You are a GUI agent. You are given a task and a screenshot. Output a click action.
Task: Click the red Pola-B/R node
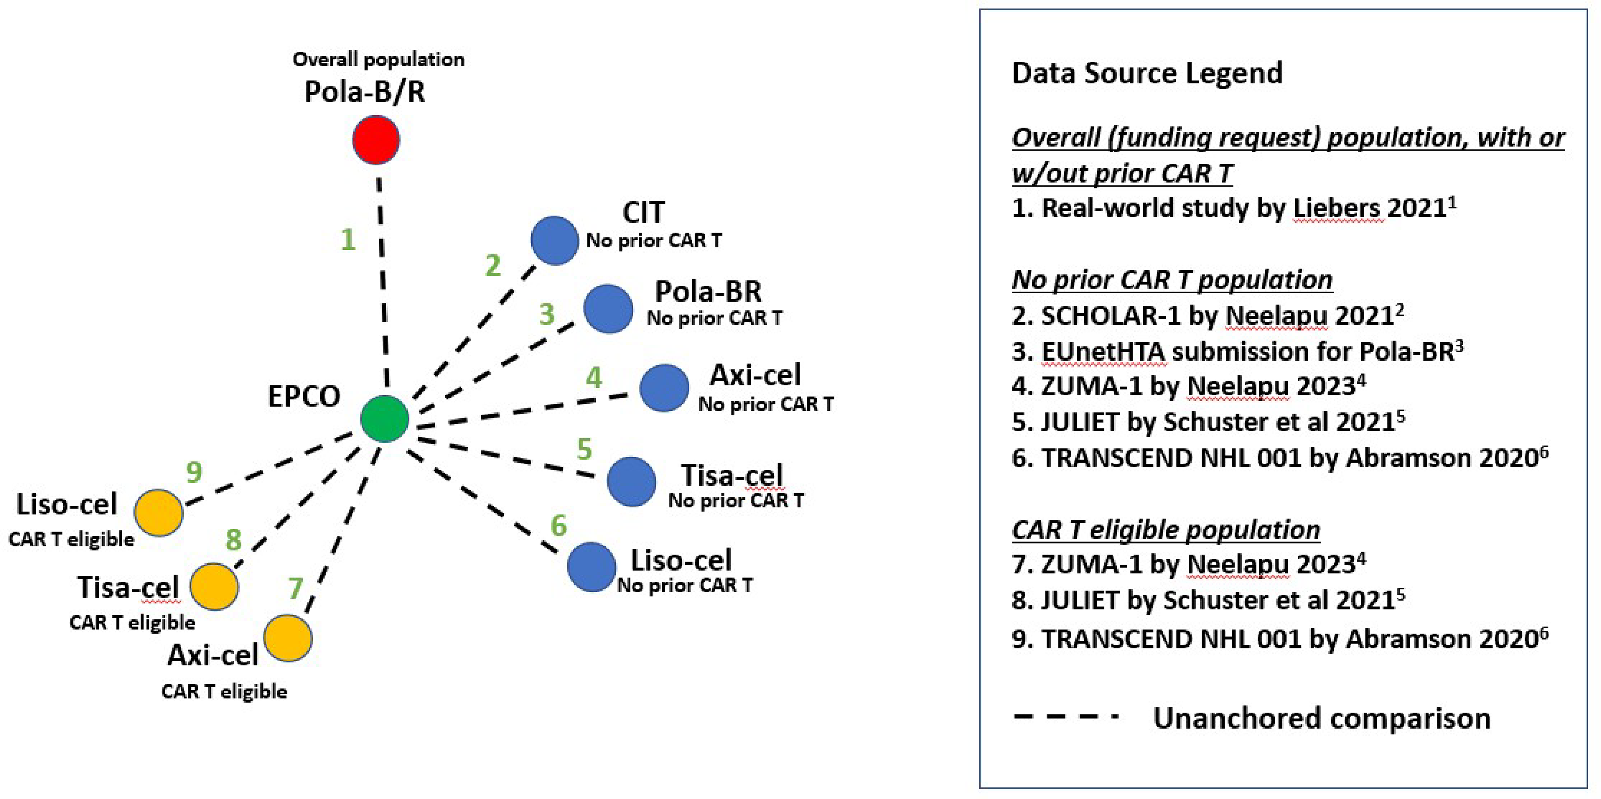pyautogui.click(x=376, y=140)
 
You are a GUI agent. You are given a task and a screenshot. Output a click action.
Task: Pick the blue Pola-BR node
pyautogui.click(x=608, y=308)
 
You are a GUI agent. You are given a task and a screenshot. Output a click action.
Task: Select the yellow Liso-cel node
pyautogui.click(x=159, y=512)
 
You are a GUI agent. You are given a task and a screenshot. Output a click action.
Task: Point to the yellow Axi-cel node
pyautogui.click(x=288, y=638)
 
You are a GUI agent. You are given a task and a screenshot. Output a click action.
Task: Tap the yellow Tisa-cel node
pyautogui.click(x=214, y=586)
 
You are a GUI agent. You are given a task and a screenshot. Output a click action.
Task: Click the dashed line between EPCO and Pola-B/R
pyautogui.click(x=383, y=292)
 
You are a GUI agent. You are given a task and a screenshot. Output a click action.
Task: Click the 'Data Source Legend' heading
pyautogui.click(x=1147, y=73)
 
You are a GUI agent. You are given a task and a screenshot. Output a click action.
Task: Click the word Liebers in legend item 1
pyautogui.click(x=1338, y=208)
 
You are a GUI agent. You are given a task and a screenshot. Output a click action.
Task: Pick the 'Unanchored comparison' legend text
pyautogui.click(x=1322, y=718)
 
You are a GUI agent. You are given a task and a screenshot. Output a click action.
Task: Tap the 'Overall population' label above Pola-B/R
pyautogui.click(x=378, y=60)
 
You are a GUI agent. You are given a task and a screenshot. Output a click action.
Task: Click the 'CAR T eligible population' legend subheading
pyautogui.click(x=1165, y=530)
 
